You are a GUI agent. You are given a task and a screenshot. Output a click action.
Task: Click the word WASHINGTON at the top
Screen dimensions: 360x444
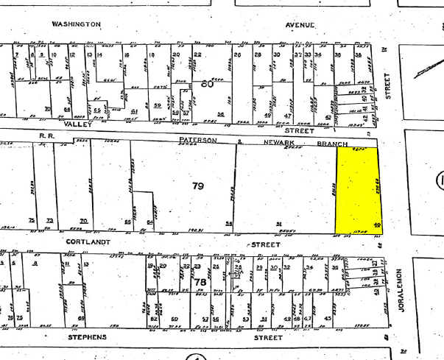(76, 24)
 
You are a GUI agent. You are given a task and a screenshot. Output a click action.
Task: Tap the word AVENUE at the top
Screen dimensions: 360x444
(301, 25)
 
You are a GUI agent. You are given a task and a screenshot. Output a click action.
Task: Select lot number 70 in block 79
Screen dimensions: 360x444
(84, 221)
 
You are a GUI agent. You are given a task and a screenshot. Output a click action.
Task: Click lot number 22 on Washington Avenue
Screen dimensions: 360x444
(198, 55)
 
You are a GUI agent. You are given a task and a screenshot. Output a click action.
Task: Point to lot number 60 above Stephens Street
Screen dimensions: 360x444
(175, 319)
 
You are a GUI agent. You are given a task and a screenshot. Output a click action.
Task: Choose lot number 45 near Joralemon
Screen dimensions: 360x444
(327, 319)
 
